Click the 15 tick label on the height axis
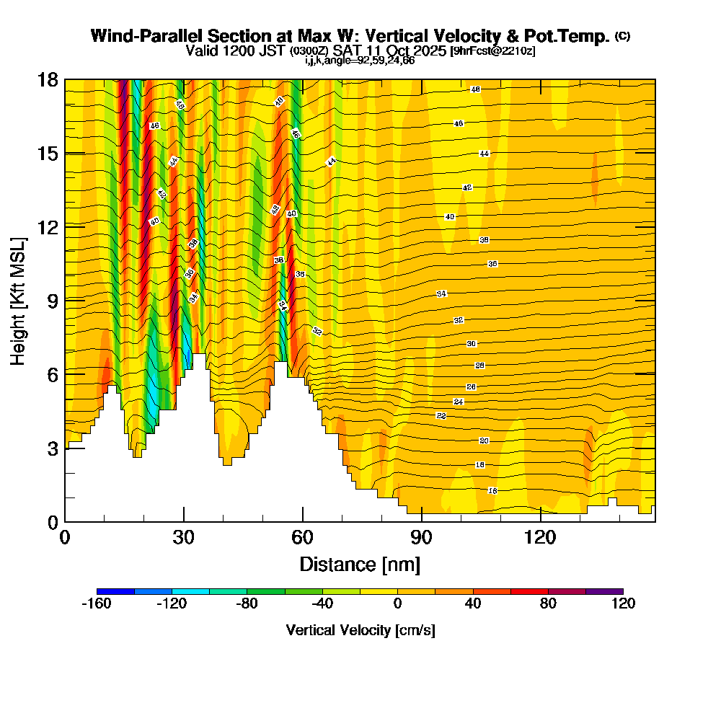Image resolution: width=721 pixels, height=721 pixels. (x=48, y=153)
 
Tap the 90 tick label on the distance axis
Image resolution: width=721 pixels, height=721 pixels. (x=422, y=538)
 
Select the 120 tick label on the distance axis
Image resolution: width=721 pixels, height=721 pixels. (x=541, y=538)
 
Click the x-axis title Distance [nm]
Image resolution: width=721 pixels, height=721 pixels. (x=360, y=564)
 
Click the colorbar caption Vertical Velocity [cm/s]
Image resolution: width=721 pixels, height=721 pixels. (x=360, y=630)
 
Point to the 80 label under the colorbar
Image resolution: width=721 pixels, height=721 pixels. (x=548, y=604)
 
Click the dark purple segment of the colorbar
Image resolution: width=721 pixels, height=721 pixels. (x=604, y=591)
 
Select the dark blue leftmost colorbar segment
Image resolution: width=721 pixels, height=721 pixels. (x=115, y=591)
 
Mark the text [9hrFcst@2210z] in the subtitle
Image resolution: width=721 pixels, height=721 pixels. (x=492, y=51)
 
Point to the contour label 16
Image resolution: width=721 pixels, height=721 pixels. (x=492, y=490)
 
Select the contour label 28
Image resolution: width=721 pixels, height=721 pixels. (x=479, y=366)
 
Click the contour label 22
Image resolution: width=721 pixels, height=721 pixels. (x=441, y=416)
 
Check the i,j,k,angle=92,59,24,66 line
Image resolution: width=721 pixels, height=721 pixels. (x=360, y=61)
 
